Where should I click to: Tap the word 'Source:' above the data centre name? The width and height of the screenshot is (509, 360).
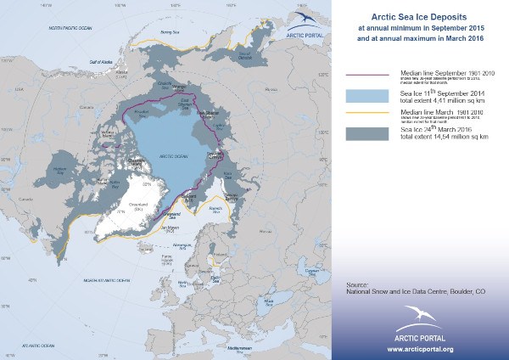coord(361,282)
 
